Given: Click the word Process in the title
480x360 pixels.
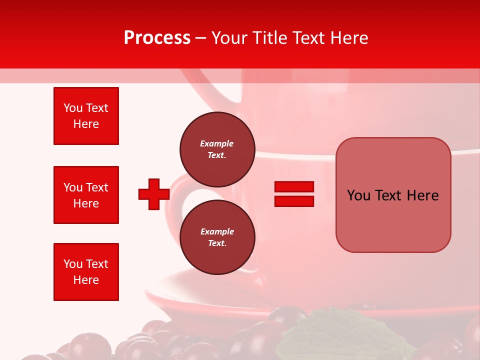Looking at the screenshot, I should click(157, 38).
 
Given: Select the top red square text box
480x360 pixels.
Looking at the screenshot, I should click(86, 116).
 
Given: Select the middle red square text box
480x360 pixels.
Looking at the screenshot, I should click(86, 195).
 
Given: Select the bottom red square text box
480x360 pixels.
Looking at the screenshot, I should click(86, 272).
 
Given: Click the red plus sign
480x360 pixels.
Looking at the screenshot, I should click(154, 194).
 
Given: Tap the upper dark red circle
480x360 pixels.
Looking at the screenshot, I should click(217, 149).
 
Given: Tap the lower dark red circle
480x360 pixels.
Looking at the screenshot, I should click(217, 237).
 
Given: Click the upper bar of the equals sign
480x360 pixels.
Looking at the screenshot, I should click(294, 187).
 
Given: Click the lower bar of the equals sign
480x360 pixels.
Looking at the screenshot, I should click(294, 201).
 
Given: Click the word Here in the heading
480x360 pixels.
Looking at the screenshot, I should click(348, 38).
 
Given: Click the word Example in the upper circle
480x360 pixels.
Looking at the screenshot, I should click(217, 143).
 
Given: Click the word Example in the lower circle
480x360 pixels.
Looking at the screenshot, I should click(217, 231).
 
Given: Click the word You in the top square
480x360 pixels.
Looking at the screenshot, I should click(72, 108).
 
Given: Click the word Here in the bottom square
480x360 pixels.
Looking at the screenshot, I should click(86, 280).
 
